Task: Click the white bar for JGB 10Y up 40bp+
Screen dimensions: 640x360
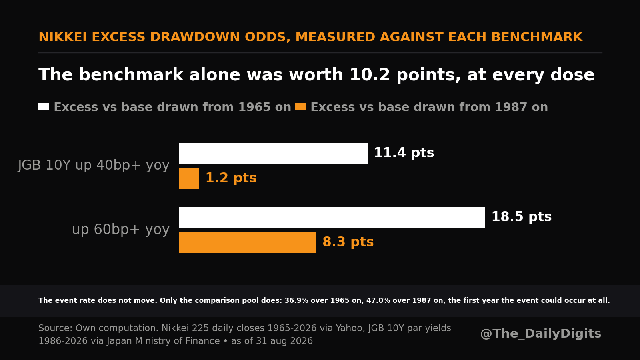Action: pos(273,154)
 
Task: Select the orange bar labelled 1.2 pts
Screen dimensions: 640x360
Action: pos(189,178)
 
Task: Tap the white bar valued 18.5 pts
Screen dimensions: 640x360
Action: pos(332,218)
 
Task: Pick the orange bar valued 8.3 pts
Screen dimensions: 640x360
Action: pos(248,242)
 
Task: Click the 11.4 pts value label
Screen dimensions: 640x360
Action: pos(404,153)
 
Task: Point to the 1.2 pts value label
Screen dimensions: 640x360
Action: pos(231,178)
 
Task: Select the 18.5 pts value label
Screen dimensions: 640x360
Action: pos(522,217)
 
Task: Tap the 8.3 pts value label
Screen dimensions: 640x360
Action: pos(348,242)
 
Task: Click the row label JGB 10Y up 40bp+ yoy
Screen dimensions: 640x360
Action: pos(94,166)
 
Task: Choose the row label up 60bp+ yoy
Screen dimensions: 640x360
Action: pos(120,230)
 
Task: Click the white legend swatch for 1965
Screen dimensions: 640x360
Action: pos(44,107)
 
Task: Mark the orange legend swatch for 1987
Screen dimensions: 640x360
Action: pos(300,107)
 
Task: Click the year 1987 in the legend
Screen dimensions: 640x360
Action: pos(511,107)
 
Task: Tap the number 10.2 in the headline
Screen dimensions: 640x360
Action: pos(370,75)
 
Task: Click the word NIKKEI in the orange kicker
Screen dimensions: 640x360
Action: pos(62,37)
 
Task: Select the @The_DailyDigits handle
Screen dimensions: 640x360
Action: pos(540,334)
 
